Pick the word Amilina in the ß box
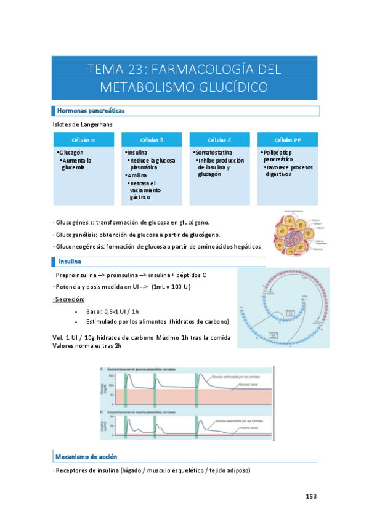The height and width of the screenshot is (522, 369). [x=137, y=175]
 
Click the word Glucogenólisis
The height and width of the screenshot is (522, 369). [x=78, y=235]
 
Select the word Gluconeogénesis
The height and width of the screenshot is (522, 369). [x=81, y=247]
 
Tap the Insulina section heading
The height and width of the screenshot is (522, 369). [x=70, y=262]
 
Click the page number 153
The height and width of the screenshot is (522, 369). [x=312, y=496]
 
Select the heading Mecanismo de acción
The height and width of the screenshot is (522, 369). [x=86, y=457]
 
